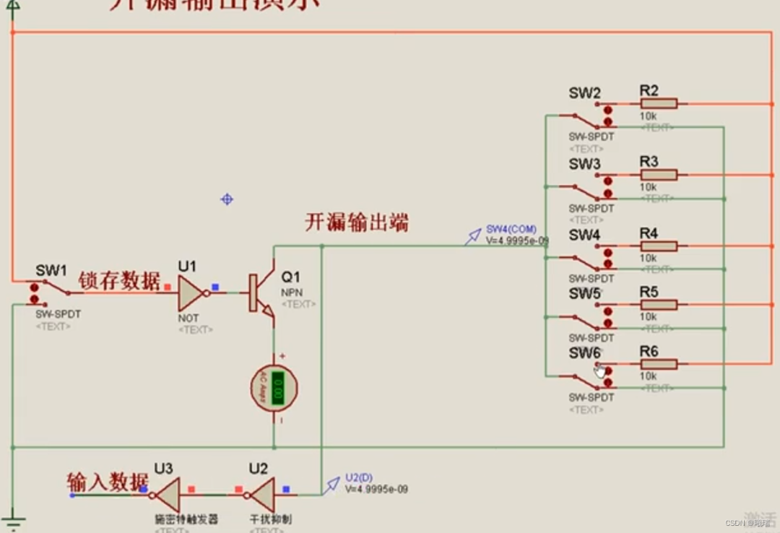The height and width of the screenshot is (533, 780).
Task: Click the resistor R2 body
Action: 658,104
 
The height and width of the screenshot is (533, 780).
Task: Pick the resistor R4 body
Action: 658,246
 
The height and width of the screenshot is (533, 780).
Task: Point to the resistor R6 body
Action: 658,364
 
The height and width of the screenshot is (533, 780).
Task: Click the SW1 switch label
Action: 51,271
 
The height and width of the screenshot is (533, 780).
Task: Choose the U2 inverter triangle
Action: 261,495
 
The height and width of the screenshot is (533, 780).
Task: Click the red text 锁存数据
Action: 119,280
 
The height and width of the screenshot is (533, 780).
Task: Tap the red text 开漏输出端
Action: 357,222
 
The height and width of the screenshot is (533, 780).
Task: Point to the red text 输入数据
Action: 108,482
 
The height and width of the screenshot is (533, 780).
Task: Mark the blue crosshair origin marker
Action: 227,199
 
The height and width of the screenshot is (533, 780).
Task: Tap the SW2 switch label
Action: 584,93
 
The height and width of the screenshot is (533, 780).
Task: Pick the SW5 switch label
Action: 584,294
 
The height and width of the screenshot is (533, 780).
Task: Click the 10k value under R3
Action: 648,187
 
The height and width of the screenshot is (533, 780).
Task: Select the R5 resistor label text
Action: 649,292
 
